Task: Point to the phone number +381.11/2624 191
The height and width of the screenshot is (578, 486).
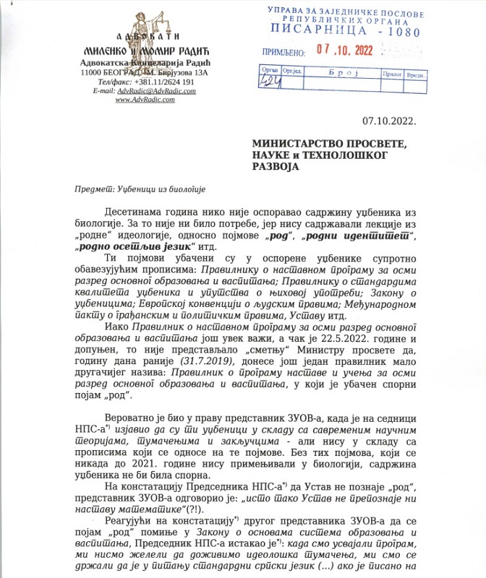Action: tap(164, 82)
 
